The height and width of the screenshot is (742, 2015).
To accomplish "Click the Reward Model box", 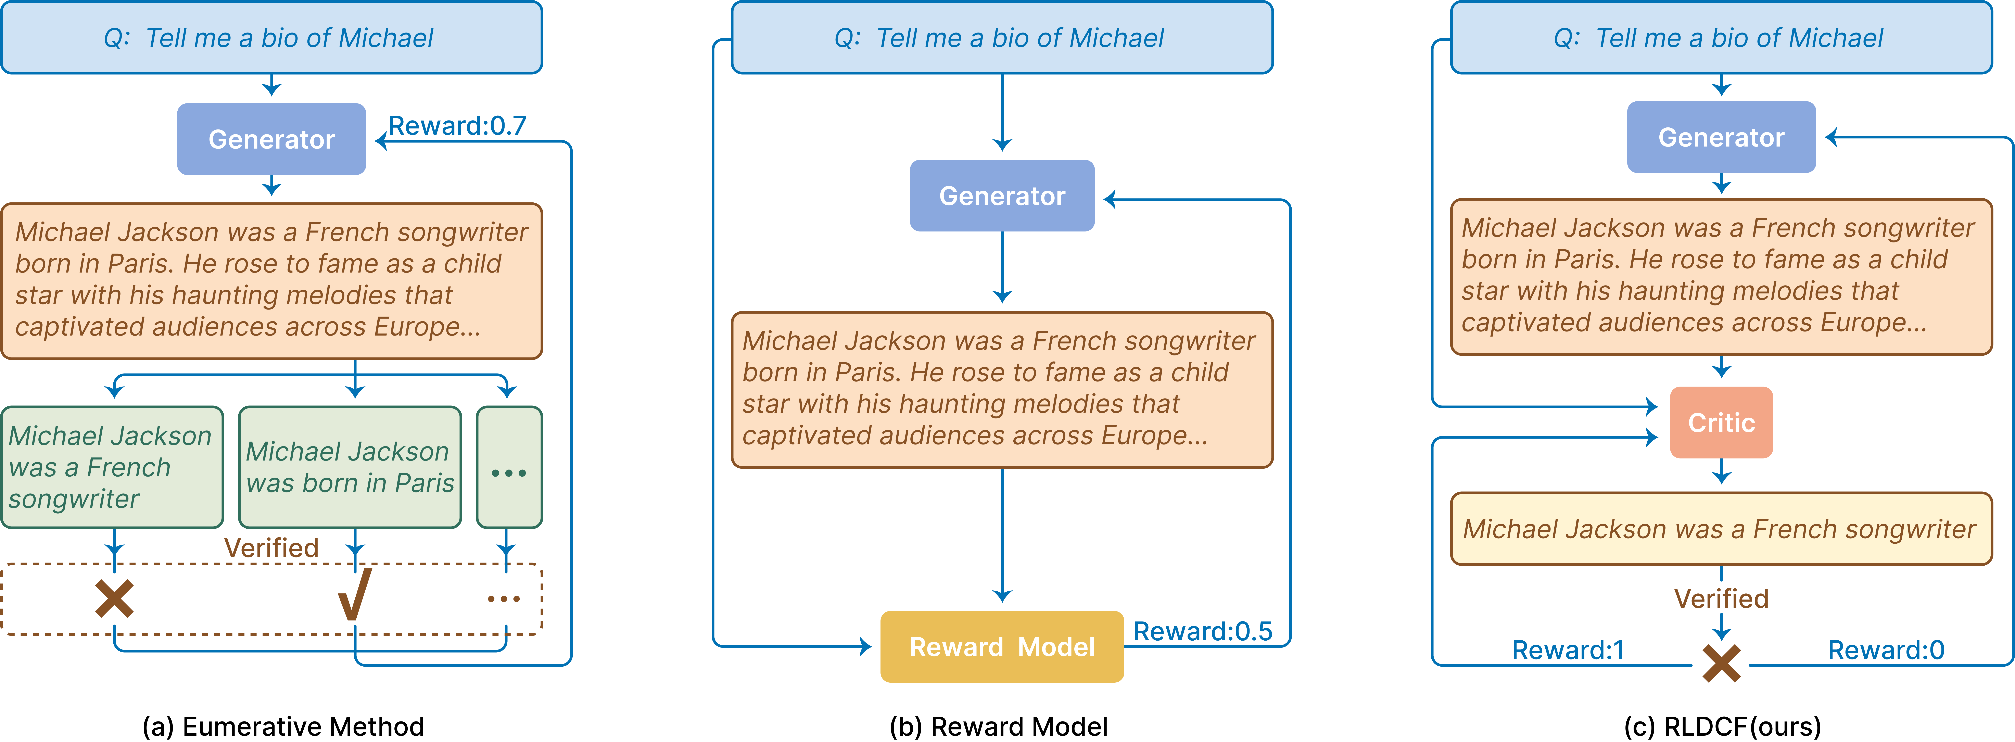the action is [x=1002, y=646].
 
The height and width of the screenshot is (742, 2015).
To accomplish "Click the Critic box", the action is [x=1721, y=423].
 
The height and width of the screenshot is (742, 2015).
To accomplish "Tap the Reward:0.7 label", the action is [x=458, y=125].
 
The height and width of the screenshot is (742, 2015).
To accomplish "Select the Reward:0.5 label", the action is [x=1202, y=631].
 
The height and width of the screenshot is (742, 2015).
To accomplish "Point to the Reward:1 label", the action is [x=1568, y=650].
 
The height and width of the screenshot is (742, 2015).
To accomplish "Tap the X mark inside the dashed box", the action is [x=114, y=599].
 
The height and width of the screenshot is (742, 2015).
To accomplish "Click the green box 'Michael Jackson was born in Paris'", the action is [x=350, y=467].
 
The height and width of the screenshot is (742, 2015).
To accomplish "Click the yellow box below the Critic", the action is [x=1721, y=529].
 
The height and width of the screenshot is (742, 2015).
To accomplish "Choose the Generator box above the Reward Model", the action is [x=1002, y=196].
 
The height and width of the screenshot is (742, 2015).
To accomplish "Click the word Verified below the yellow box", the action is [x=1721, y=599].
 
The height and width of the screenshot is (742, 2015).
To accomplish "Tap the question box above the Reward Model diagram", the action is [x=1002, y=38].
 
